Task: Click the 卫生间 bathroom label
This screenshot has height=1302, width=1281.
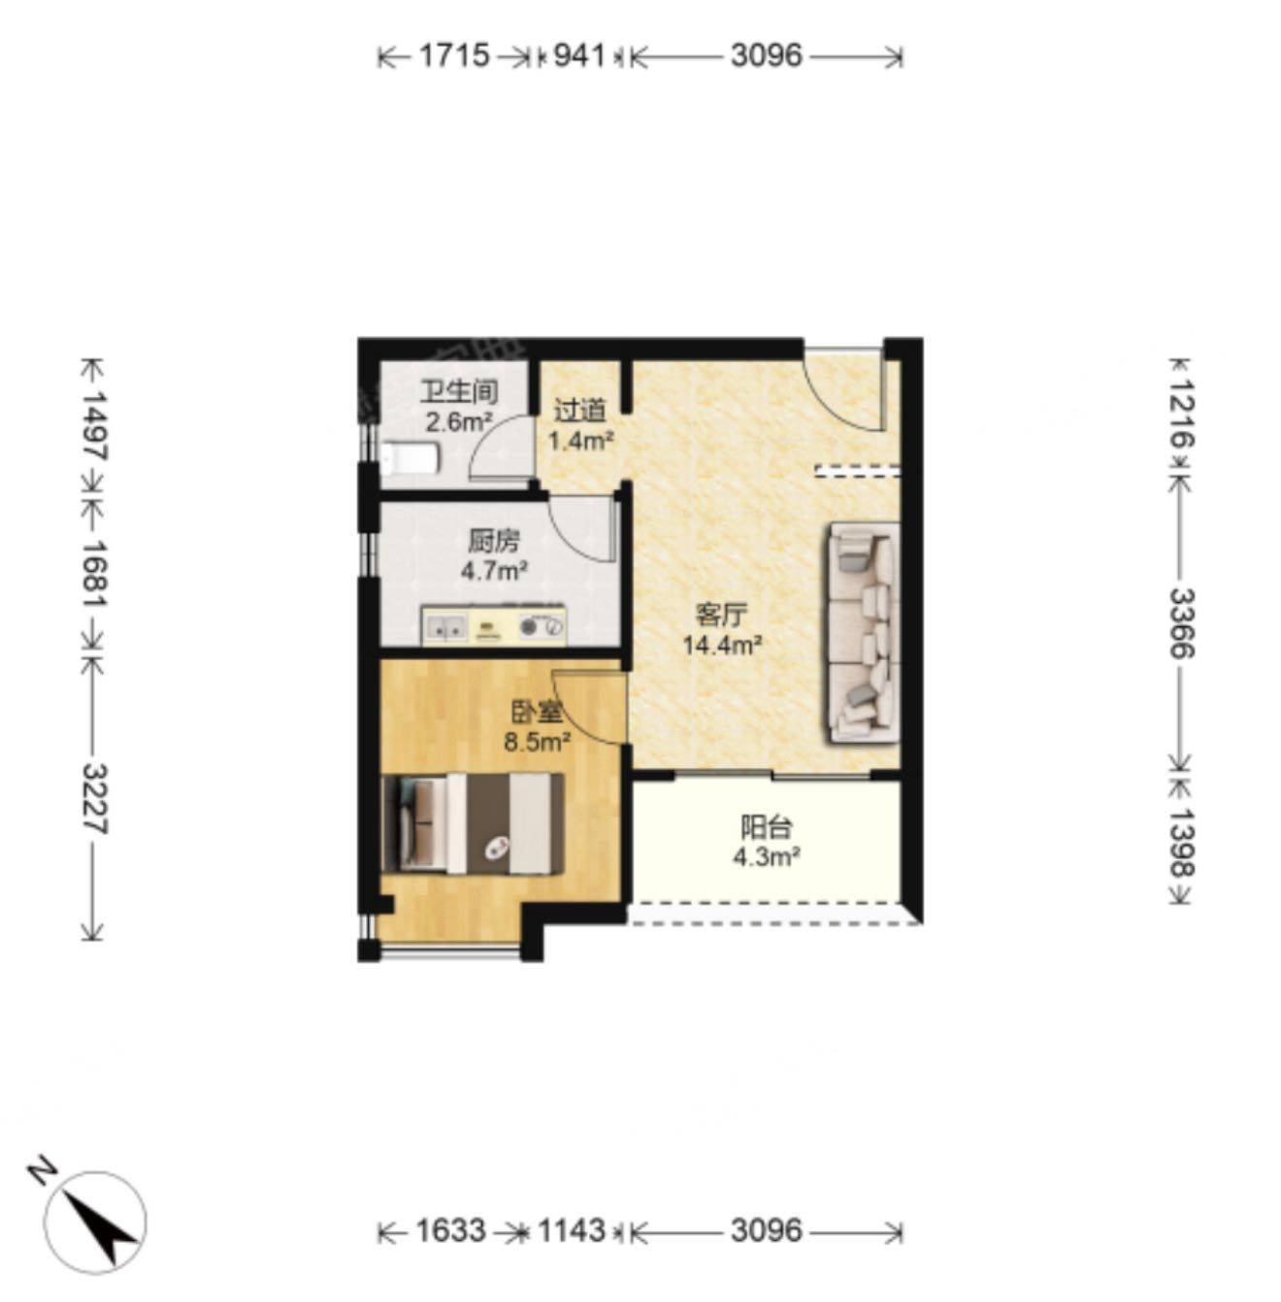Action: [459, 391]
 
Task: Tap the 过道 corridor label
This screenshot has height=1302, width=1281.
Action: [579, 411]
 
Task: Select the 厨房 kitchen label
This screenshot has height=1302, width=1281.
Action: [494, 541]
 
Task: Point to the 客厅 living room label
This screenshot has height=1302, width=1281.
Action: [722, 616]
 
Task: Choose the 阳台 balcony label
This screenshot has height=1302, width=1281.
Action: [767, 827]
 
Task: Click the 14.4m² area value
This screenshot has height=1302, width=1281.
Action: [722, 646]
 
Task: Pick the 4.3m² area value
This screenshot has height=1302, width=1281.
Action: [767, 857]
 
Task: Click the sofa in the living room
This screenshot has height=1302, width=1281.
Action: [861, 634]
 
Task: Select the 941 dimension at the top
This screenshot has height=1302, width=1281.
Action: [579, 55]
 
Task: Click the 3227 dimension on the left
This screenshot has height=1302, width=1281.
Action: [94, 799]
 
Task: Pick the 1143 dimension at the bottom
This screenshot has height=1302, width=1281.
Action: [572, 1230]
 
